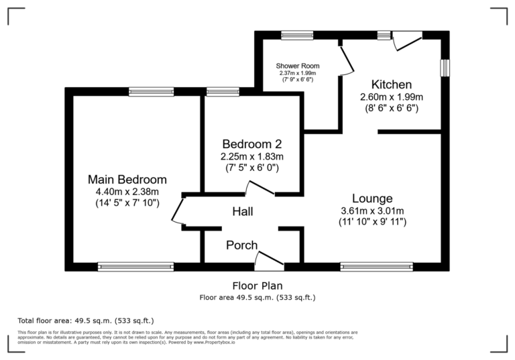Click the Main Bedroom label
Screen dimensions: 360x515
click(x=127, y=180)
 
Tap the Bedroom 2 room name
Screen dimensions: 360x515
click(x=251, y=144)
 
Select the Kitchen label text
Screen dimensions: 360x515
click(x=392, y=85)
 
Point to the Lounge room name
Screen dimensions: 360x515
click(x=372, y=198)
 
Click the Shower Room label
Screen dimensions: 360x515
click(x=298, y=66)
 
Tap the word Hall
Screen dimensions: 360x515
click(x=242, y=212)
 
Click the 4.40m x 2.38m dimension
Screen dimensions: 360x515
click(x=127, y=191)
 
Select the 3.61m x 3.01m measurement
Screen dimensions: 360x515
click(x=372, y=211)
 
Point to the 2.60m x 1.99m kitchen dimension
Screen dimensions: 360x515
click(x=392, y=97)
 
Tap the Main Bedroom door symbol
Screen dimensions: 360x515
click(x=178, y=211)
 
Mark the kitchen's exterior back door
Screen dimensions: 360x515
click(x=406, y=42)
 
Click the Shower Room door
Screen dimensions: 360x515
click(x=345, y=60)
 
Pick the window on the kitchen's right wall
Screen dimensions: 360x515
click(x=444, y=69)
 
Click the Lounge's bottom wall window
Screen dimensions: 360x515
click(x=376, y=266)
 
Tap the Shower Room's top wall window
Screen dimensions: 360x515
click(x=297, y=35)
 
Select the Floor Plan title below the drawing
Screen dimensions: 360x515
click(x=257, y=286)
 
